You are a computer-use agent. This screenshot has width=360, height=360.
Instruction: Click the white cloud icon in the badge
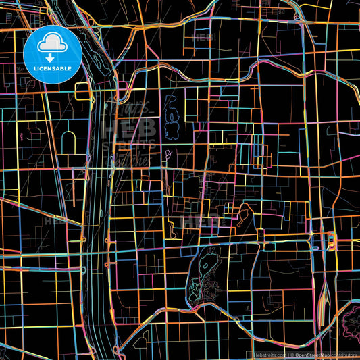51,43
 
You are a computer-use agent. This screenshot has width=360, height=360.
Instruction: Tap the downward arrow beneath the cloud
51,59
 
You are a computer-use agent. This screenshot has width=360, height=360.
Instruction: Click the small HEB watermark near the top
202,37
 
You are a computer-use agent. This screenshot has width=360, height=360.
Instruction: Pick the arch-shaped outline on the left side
68,141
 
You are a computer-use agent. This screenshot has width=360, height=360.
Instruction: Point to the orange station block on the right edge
331,239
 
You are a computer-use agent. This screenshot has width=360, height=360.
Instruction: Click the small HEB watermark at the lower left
53,220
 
